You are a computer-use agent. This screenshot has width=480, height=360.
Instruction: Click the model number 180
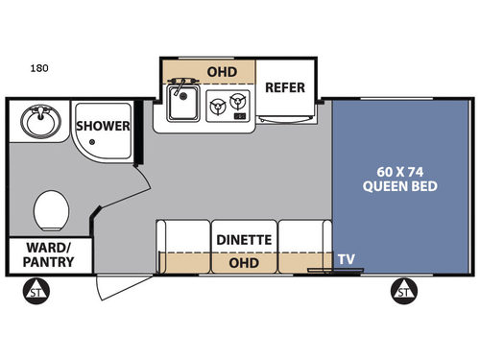point(39,69)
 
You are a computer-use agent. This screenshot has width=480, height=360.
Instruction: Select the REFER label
point(285,87)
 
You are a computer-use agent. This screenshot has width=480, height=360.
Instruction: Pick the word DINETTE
point(243,239)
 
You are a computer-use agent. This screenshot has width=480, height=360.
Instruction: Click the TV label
point(345,258)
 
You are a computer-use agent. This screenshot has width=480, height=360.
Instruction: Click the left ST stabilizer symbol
point(37,290)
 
